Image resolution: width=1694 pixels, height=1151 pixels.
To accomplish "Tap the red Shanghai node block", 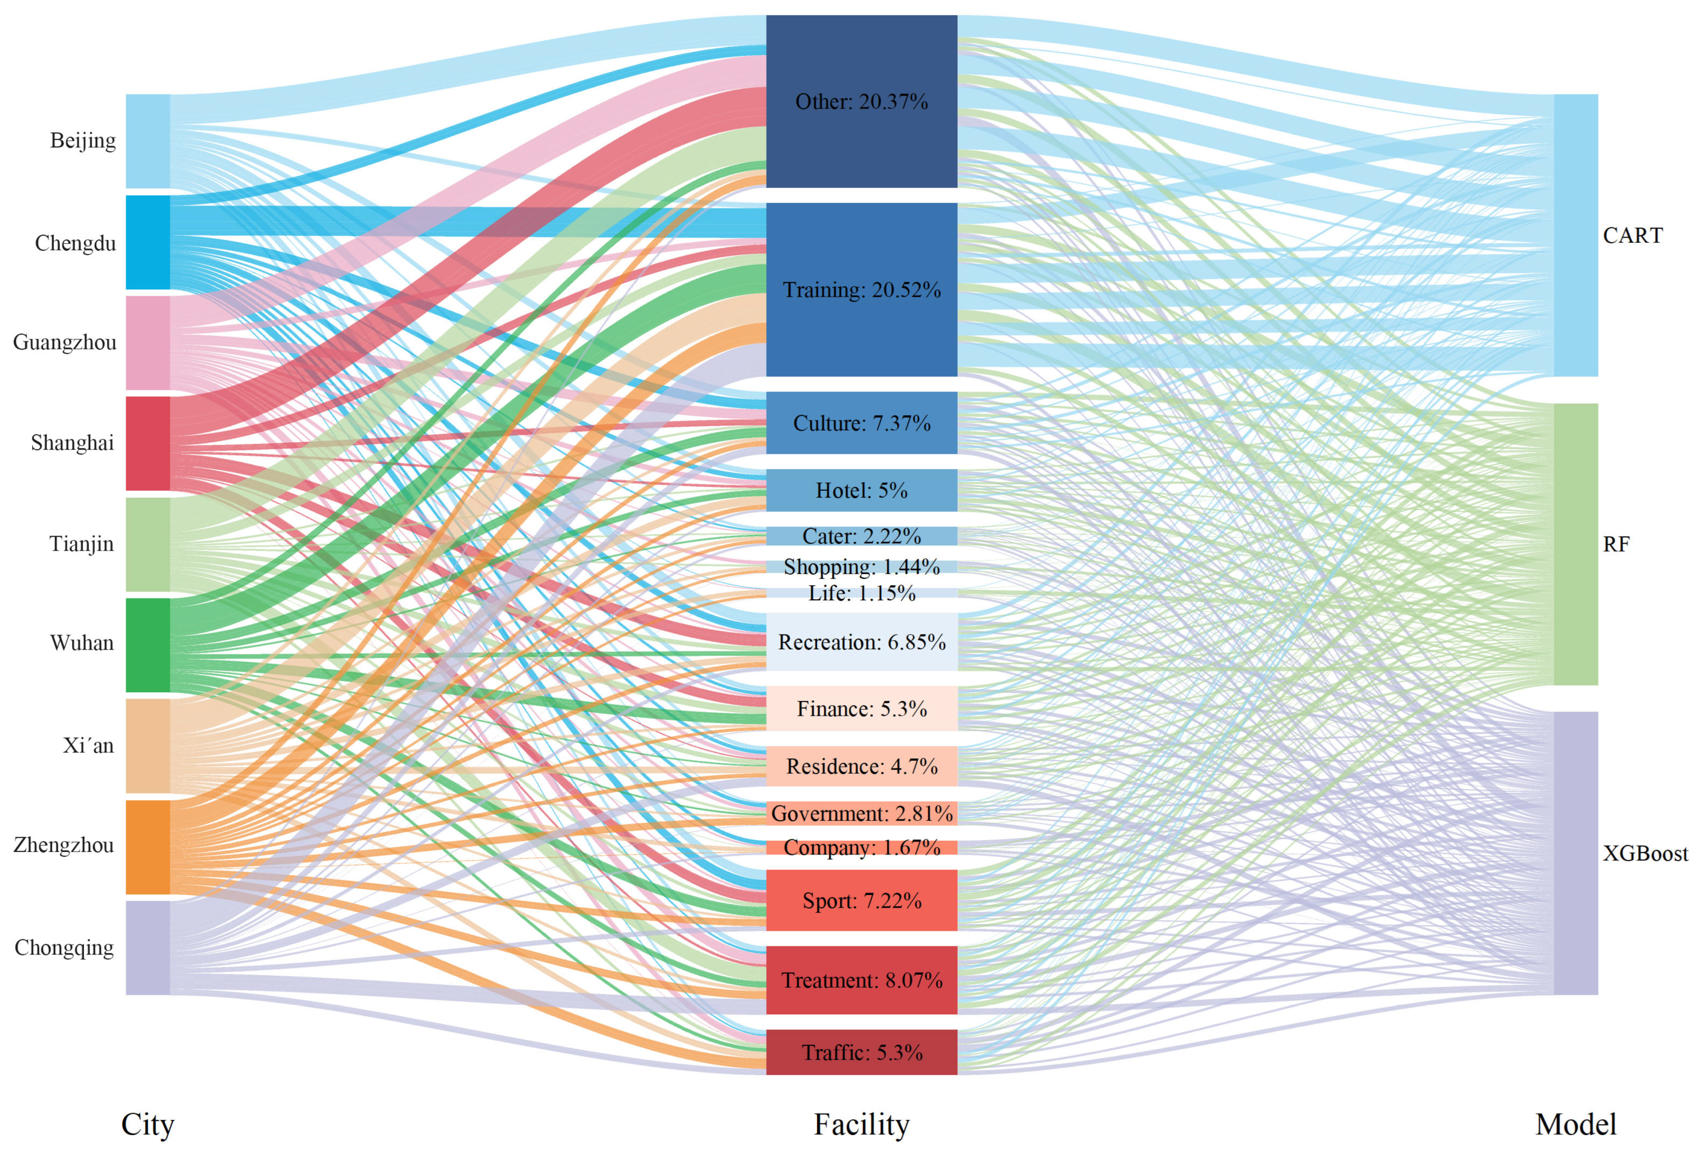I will pos(148,443).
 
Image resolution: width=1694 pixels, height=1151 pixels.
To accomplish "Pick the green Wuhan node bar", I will pos(148,645).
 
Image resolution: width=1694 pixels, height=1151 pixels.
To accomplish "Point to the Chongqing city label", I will pos(64,948).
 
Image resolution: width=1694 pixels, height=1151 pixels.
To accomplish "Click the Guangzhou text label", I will pos(65,342).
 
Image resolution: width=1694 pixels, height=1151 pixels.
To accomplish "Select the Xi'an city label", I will pos(88,746).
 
